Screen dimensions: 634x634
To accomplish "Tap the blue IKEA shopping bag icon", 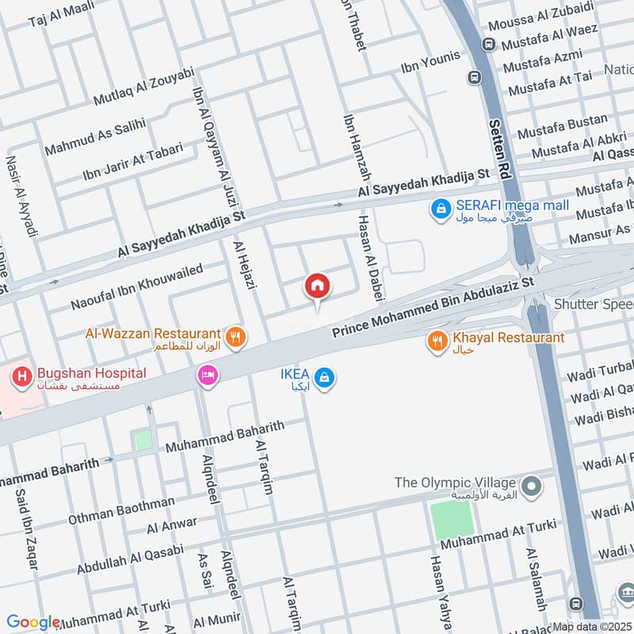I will pyautogui.click(x=323, y=379).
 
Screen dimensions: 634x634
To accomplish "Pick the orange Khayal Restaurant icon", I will pyautogui.click(x=436, y=342).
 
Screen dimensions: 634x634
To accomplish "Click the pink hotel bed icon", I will pyautogui.click(x=208, y=374).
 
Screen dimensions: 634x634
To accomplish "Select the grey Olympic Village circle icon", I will pyautogui.click(x=533, y=483).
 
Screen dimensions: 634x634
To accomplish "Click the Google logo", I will pyautogui.click(x=33, y=622).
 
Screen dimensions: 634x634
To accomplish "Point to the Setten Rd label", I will pyautogui.click(x=498, y=128).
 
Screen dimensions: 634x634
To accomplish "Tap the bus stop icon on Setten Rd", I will pyautogui.click(x=474, y=78).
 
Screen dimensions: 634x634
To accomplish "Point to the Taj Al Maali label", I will pyautogui.click(x=61, y=14).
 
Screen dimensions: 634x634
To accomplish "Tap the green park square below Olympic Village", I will pyautogui.click(x=453, y=520).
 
